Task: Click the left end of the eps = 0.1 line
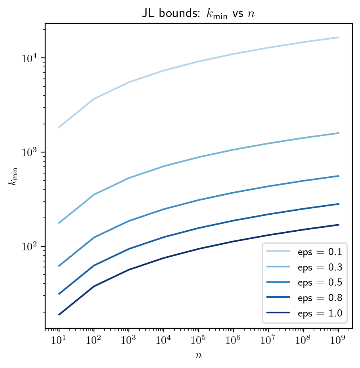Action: [x=59, y=128]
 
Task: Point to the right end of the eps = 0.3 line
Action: [x=339, y=133]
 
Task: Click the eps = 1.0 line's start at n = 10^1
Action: [x=59, y=315]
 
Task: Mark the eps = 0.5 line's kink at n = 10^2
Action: [x=94, y=238]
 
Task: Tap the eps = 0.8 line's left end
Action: [x=59, y=294]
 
